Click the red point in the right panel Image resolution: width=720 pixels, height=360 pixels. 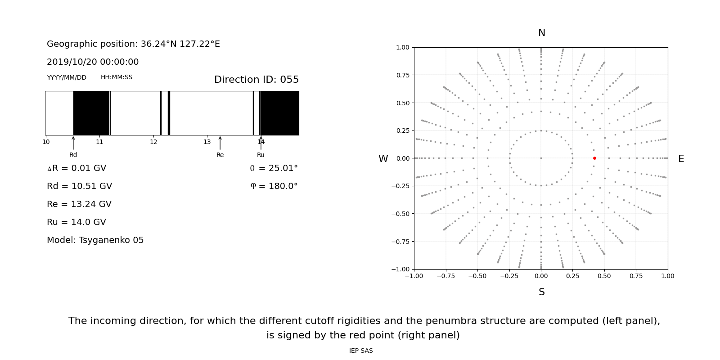tap(594, 158)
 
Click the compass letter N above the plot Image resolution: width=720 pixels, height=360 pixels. tap(542, 33)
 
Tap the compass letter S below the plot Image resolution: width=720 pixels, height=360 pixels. tap(542, 292)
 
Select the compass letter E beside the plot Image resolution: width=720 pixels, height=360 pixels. tap(681, 159)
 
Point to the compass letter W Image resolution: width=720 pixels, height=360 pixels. tap(383, 159)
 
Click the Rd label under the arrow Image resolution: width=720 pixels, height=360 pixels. tap(73, 155)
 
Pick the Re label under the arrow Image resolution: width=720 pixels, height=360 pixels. tap(220, 155)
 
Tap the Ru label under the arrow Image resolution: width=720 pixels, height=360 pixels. tap(261, 155)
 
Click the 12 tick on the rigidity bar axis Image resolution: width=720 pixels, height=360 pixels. tap(153, 142)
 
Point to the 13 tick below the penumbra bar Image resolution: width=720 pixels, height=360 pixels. tap(207, 142)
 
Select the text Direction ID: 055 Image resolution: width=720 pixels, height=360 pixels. tap(256, 80)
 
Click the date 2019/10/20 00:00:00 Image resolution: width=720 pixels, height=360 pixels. tap(93, 62)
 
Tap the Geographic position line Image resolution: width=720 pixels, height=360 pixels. tap(133, 44)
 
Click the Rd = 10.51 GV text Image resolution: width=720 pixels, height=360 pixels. tap(79, 186)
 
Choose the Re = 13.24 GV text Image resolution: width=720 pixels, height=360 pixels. tap(79, 204)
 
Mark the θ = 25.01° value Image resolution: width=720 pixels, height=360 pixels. tap(274, 168)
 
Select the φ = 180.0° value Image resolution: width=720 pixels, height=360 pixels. tap(274, 186)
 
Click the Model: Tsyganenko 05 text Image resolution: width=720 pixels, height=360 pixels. tap(95, 240)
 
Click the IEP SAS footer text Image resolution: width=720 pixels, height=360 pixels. tap(361, 351)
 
